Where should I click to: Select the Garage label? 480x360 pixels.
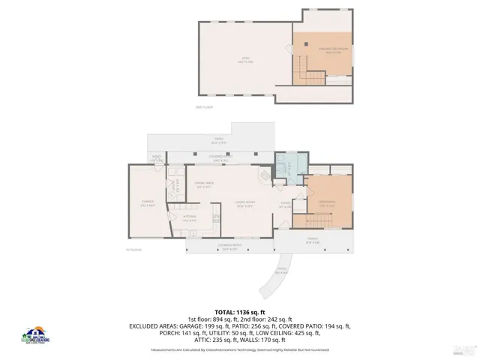coord(147,202)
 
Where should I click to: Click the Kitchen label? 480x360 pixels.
coord(190,219)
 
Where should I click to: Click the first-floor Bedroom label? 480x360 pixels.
coord(327,202)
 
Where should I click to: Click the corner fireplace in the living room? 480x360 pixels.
coord(264,177)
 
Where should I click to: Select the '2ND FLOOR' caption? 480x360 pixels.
coord(204,107)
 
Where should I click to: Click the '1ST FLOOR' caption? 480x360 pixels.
coord(134,250)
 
